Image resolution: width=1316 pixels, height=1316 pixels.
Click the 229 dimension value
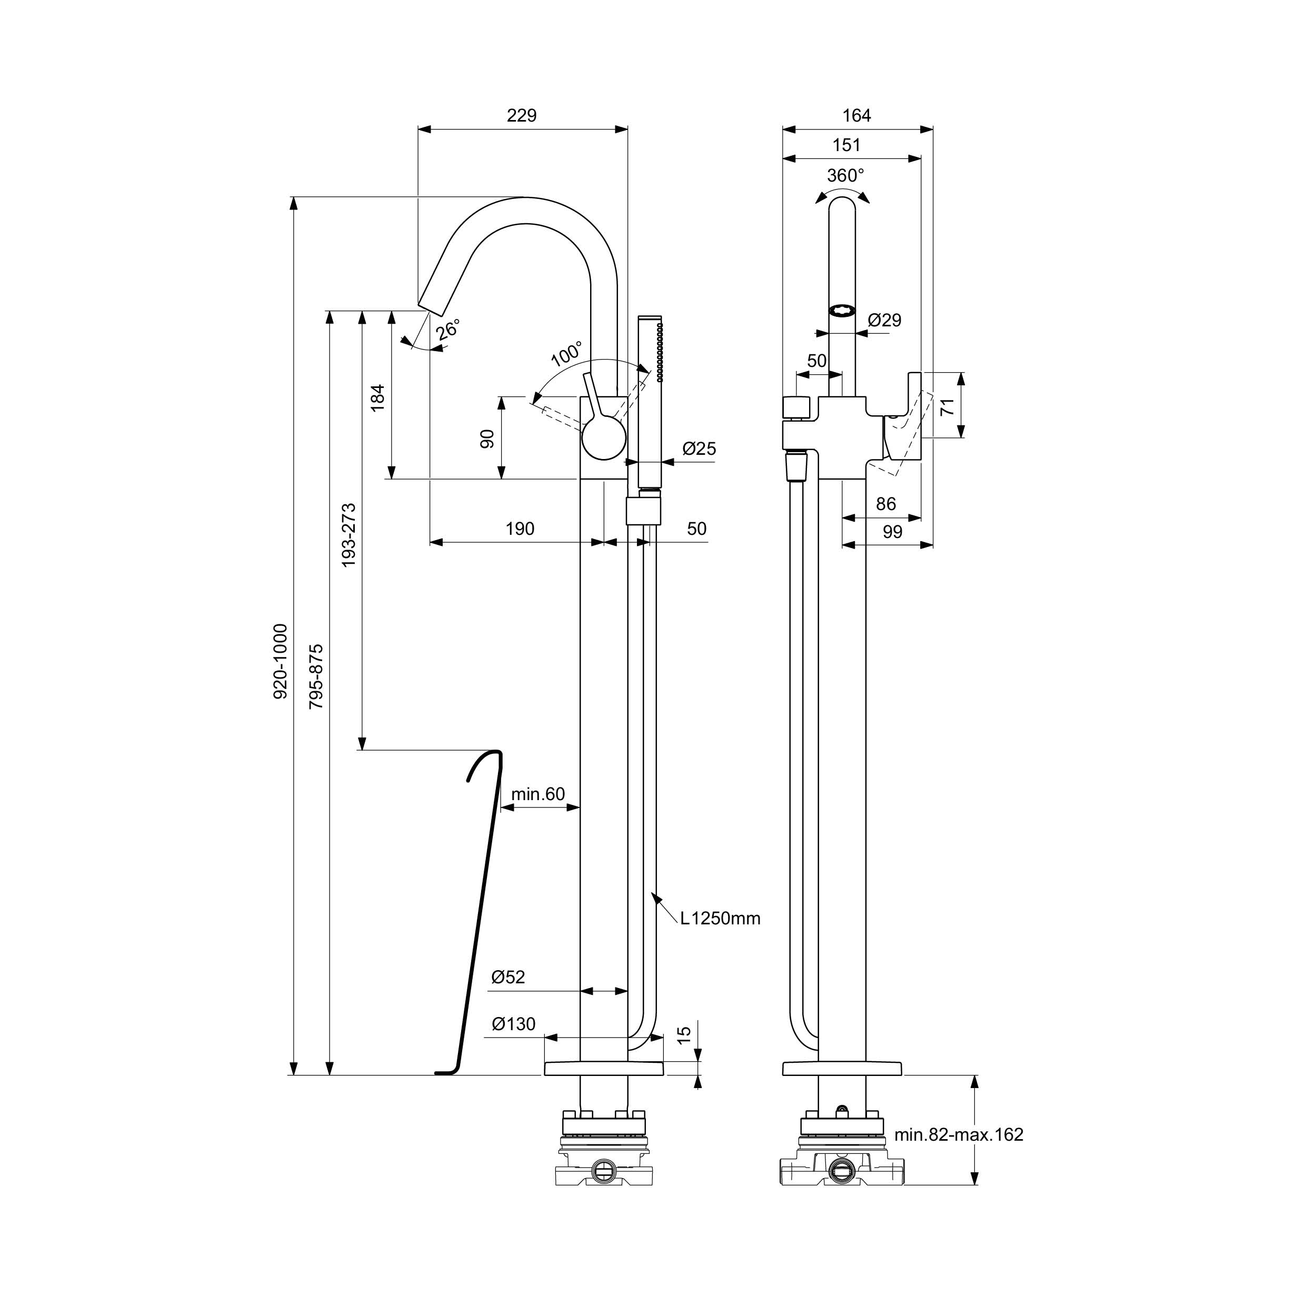521,116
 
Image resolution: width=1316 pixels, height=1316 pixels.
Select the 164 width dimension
856,116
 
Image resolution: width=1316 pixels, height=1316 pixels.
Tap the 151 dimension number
846,145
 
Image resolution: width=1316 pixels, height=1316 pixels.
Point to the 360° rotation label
845,176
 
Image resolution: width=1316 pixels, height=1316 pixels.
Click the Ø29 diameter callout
885,320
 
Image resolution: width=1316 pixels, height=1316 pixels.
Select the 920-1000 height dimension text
281,661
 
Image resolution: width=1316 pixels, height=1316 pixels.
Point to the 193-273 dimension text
349,535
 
